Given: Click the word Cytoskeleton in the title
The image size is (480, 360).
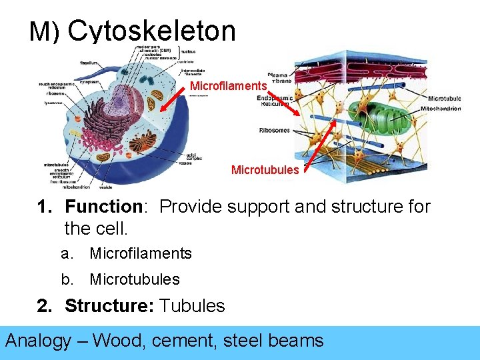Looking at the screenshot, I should coord(151,31).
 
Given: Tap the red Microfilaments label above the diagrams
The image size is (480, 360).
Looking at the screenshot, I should coord(229,86).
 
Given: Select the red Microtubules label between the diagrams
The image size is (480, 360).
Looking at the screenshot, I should coord(265,170).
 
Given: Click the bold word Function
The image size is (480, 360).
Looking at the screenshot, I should coord(104,207).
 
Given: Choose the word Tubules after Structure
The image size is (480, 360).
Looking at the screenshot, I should coord(193,306).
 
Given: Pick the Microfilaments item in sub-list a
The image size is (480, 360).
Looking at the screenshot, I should coord(141,253).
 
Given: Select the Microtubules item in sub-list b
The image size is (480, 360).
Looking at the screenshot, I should coord(135,279).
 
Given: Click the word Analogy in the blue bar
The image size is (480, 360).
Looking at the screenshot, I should coord(38,341).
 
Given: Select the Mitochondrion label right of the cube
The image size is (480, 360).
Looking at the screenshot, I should coord(441,109).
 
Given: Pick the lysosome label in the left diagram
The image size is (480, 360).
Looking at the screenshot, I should coord(54,103).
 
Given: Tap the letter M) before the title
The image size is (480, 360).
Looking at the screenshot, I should coord(45,32).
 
